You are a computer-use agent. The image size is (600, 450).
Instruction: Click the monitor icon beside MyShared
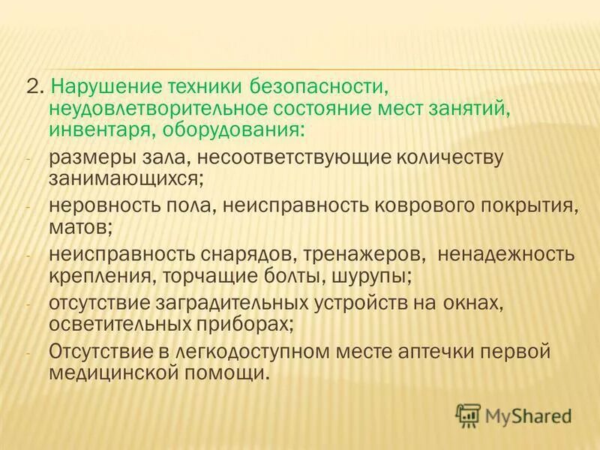468,415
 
